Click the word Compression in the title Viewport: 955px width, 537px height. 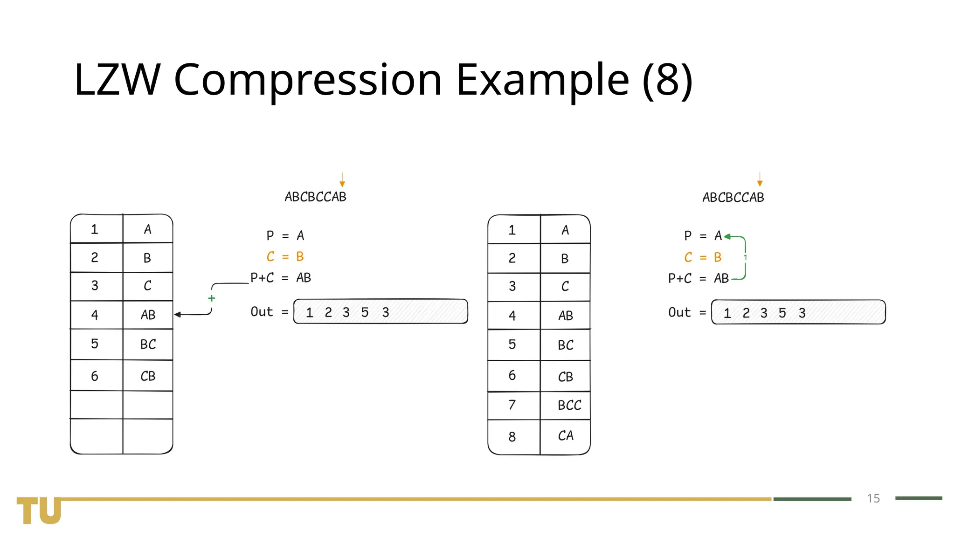[308, 80]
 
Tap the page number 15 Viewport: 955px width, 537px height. [873, 498]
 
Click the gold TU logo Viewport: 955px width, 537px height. [39, 510]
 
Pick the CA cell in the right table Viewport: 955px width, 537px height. [566, 436]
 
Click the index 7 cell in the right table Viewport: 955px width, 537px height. [512, 405]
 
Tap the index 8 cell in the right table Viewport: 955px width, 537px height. [512, 437]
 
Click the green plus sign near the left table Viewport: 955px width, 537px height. [212, 298]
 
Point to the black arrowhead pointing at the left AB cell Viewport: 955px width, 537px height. [178, 315]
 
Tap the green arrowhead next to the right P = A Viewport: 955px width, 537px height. [727, 237]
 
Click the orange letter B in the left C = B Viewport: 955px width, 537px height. [300, 257]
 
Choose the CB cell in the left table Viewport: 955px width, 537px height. [148, 376]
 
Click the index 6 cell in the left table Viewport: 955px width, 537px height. [95, 376]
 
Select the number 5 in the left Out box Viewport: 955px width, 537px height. [365, 312]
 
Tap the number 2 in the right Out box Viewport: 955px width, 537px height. [746, 313]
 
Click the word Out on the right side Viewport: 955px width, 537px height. [679, 312]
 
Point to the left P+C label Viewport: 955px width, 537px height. [262, 278]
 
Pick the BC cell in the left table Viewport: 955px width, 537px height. [148, 344]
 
